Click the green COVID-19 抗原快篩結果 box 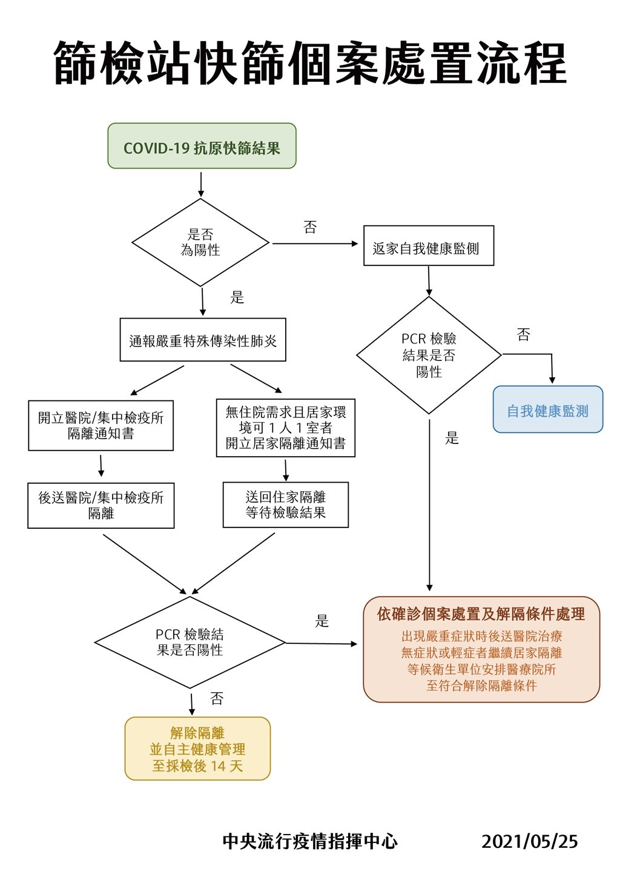click(202, 145)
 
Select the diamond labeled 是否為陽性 click(200, 242)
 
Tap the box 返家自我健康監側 click(429, 245)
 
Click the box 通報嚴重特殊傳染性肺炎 click(203, 339)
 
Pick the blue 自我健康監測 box click(547, 409)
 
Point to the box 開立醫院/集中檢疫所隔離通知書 click(101, 425)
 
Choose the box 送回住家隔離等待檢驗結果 click(286, 505)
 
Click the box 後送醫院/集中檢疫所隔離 click(101, 506)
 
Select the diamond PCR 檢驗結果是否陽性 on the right click(429, 355)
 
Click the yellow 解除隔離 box click(197, 749)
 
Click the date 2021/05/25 click(530, 841)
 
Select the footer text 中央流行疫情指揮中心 click(310, 841)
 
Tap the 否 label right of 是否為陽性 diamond click(310, 227)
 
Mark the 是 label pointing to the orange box click(322, 621)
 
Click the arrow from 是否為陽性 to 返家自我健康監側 click(315, 243)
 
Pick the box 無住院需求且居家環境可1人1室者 click(286, 428)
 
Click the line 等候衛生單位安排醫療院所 click(481, 669)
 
